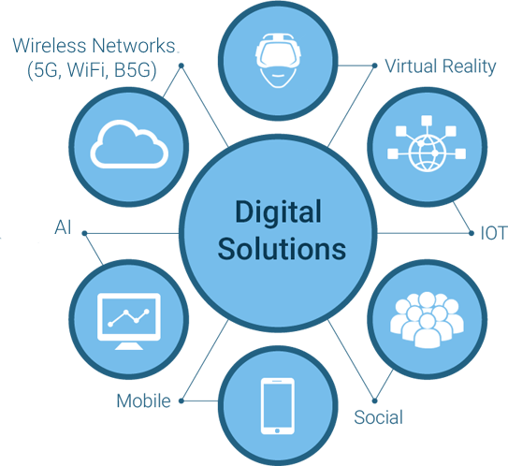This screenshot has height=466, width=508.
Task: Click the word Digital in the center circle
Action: tap(278, 211)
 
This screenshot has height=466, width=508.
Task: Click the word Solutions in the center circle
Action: tap(282, 249)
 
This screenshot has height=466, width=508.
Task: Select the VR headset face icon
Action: tap(278, 60)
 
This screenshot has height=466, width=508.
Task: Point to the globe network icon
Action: tap(427, 143)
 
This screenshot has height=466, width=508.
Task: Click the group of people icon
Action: tap(427, 319)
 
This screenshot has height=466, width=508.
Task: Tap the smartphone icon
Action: tap(278, 406)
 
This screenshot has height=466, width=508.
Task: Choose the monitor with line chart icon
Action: tap(129, 321)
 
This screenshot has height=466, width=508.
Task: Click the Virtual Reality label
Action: tap(441, 67)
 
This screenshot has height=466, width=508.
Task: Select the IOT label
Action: tap(493, 233)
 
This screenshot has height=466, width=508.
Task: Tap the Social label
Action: tap(378, 417)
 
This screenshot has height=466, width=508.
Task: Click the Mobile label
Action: tap(143, 400)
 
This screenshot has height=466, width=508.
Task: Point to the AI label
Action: tap(63, 226)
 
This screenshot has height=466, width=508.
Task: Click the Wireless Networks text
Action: tap(94, 45)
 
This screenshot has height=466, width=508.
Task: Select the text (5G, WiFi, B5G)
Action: tap(92, 70)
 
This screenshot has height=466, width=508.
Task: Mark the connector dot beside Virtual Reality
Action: tap(374, 66)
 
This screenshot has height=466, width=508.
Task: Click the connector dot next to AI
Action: tap(84, 233)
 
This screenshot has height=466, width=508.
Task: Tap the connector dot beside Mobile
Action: tap(181, 400)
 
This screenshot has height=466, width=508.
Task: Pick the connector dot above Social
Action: tap(374, 400)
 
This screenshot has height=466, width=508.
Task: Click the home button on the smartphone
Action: tap(277, 430)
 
